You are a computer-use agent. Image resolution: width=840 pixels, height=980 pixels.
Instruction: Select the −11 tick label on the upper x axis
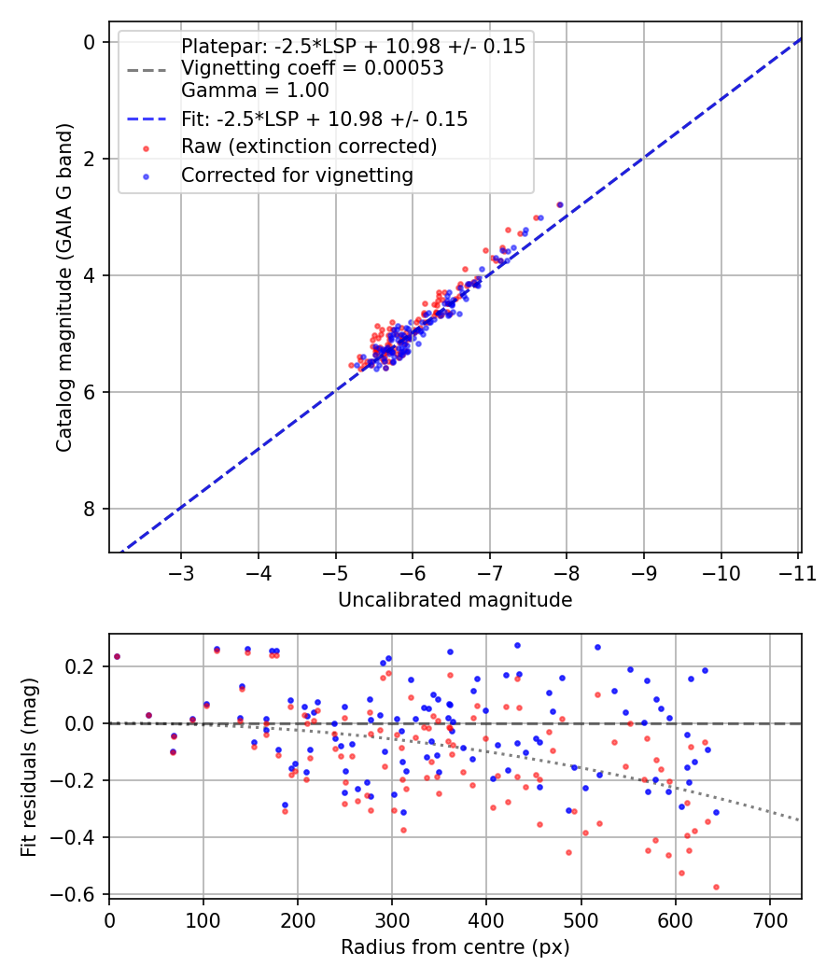pyautogui.click(x=797, y=573)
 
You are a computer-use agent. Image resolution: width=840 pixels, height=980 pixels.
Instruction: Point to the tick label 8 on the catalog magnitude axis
pyautogui.click(x=90, y=509)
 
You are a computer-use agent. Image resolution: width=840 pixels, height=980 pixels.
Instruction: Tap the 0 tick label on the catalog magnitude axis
pyautogui.click(x=90, y=42)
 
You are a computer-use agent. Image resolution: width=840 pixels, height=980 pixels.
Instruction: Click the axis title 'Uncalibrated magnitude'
pyautogui.click(x=455, y=600)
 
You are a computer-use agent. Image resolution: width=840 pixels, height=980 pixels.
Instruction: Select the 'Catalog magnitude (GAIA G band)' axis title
pyautogui.click(x=65, y=287)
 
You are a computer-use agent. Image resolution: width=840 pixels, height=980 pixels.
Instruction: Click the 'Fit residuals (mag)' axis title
pyautogui.click(x=29, y=767)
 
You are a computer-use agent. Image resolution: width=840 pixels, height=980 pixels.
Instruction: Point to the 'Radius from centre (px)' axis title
pyautogui.click(x=455, y=947)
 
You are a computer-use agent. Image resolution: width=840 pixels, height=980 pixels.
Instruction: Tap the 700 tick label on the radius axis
pyautogui.click(x=770, y=921)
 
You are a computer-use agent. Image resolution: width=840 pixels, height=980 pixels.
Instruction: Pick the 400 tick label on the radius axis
pyautogui.click(x=486, y=921)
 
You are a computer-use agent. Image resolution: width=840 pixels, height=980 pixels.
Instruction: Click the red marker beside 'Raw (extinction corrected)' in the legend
pyautogui.click(x=147, y=148)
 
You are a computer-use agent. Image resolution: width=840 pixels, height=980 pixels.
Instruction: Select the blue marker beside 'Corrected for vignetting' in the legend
pyautogui.click(x=147, y=177)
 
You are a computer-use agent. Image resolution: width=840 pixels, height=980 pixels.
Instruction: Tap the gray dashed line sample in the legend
pyautogui.click(x=147, y=70)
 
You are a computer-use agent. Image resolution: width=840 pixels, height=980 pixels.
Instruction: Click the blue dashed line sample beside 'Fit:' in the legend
pyautogui.click(x=147, y=119)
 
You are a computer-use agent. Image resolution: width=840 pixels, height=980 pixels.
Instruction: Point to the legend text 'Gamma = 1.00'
pyautogui.click(x=255, y=91)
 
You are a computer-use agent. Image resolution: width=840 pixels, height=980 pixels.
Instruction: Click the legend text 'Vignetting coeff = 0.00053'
pyautogui.click(x=313, y=68)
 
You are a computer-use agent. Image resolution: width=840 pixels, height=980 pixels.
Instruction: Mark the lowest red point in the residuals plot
pyautogui.click(x=716, y=887)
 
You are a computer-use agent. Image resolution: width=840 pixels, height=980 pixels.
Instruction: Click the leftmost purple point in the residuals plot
pyautogui.click(x=117, y=657)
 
